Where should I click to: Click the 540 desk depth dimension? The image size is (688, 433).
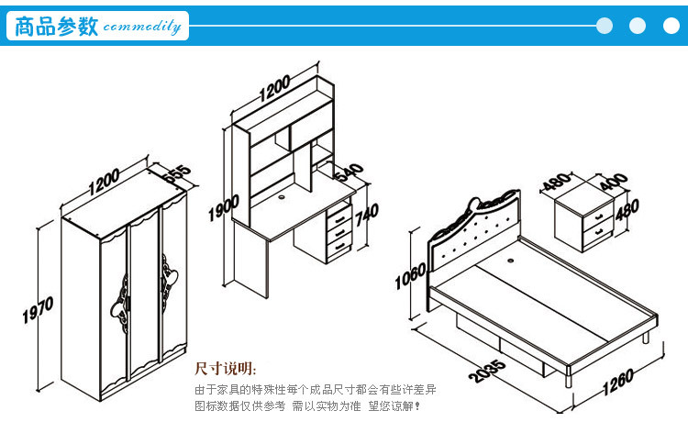click(x=349, y=172)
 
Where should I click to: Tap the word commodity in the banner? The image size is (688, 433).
click(x=141, y=27)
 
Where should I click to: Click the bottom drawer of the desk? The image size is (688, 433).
click(x=338, y=246)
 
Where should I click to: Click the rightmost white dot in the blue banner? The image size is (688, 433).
click(x=671, y=26)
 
